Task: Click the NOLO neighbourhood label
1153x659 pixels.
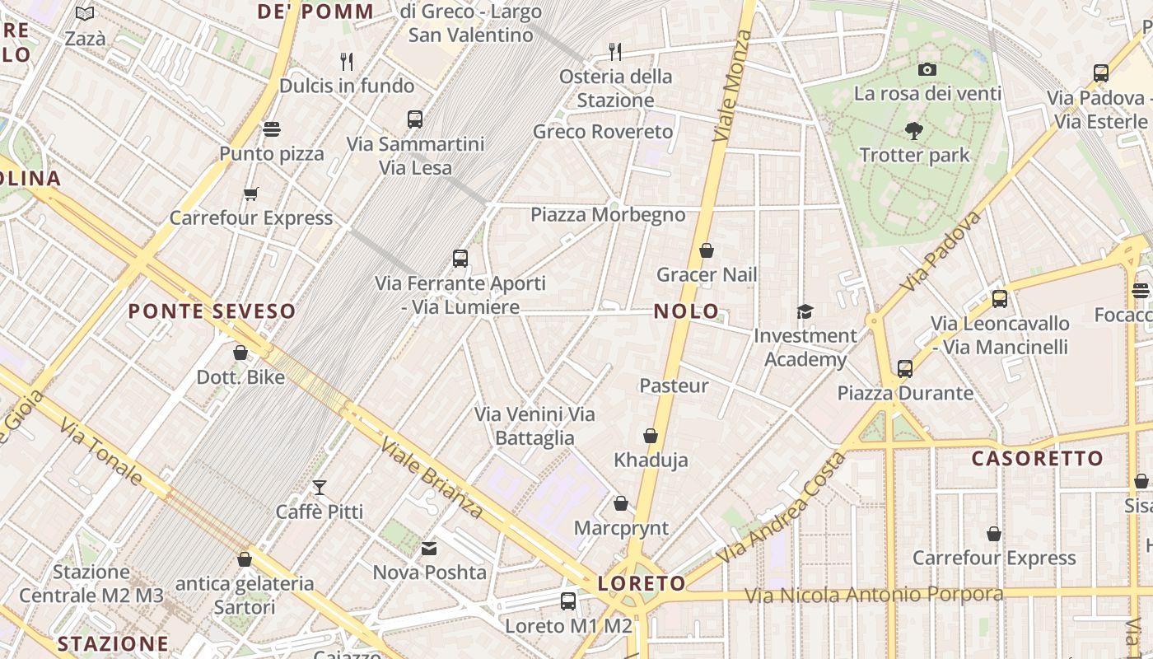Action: coord(686,312)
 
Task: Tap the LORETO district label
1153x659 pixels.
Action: coord(642,583)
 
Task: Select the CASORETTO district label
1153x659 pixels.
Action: coord(1037,459)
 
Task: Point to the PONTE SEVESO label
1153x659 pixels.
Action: coord(212,311)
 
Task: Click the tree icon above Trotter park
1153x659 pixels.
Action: coord(913,130)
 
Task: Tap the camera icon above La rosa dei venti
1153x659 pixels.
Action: coord(927,69)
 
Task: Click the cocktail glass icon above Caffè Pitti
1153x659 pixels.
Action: coord(320,488)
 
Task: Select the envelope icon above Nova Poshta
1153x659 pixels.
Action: coord(429,549)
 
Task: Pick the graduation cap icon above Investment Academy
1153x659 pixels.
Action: coord(805,311)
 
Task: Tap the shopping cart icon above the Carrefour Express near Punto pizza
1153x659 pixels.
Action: coord(250,194)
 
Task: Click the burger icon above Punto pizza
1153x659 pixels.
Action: coord(272,129)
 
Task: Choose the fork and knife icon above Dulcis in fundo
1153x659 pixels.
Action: coord(347,61)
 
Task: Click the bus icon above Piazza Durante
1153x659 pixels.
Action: coord(905,369)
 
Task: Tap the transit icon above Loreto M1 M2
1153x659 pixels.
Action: coord(568,601)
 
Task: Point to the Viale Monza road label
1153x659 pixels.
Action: coord(731,86)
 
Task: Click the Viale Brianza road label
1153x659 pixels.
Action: coord(432,479)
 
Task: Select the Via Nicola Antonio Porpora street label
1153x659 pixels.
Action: coord(874,595)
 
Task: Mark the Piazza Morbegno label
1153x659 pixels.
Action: coord(608,215)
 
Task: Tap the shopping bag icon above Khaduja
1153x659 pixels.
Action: coord(651,436)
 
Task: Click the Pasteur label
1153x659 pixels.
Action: coord(674,386)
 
